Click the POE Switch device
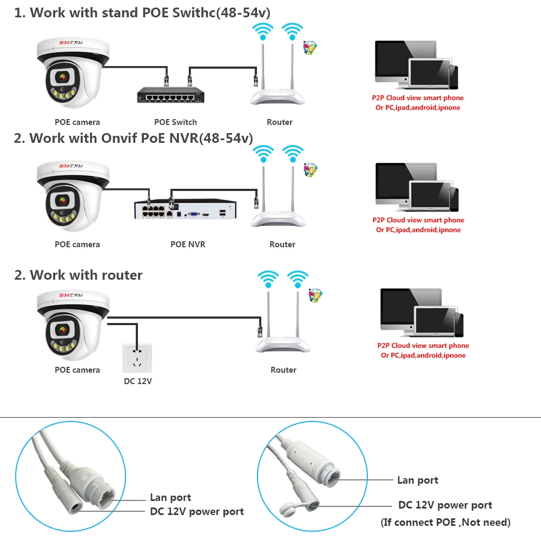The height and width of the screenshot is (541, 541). (168, 97)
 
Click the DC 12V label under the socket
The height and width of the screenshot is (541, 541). (138, 381)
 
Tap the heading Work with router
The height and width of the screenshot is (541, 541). (78, 275)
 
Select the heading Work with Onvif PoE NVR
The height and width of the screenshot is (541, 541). (133, 138)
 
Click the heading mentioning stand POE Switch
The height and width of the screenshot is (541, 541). (142, 13)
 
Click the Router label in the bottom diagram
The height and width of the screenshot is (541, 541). (283, 370)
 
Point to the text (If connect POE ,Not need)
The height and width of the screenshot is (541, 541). (445, 522)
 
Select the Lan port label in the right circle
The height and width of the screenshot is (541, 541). (418, 480)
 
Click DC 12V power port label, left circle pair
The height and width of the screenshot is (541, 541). (197, 511)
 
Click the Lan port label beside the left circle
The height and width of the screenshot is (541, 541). (170, 498)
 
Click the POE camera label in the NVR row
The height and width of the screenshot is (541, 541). (77, 245)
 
